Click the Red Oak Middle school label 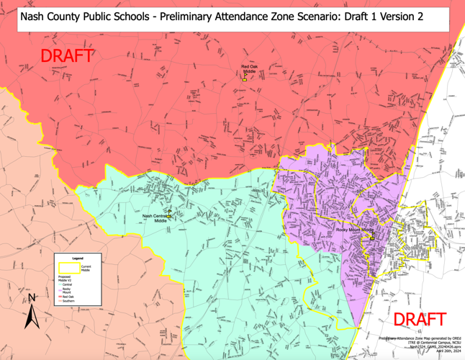249,70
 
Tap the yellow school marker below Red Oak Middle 245,78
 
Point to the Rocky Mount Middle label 356,230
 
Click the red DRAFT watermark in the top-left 66,55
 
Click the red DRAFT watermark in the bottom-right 420,320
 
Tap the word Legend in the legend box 78,258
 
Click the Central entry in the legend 68,284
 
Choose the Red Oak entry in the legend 68,297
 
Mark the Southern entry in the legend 68,301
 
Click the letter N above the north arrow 32,297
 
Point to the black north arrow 31,315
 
